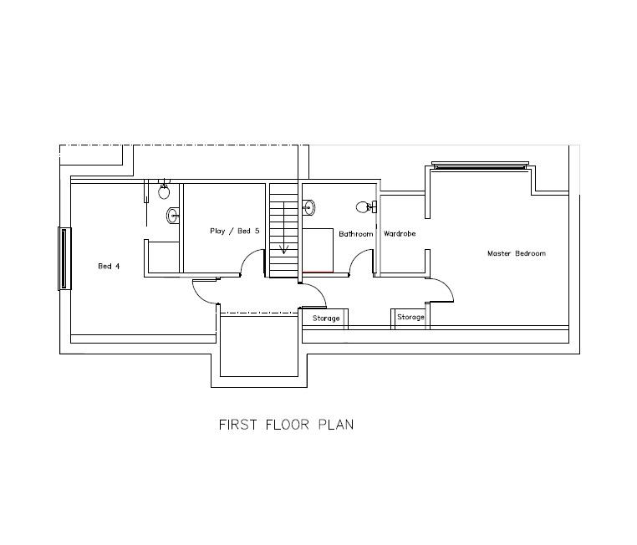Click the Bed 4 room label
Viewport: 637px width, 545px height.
109,267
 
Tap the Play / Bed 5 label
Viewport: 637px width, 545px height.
234,231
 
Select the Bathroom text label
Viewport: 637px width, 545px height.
355,234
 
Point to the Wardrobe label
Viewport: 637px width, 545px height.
400,234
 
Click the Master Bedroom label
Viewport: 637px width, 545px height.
516,253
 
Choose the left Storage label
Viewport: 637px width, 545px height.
326,318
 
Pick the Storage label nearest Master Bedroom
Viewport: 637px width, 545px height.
410,318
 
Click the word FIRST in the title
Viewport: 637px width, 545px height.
237,425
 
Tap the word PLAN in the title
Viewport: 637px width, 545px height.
335,425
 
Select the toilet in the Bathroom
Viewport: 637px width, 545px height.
364,206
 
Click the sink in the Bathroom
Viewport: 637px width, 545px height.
309,206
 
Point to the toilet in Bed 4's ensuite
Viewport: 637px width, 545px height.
165,190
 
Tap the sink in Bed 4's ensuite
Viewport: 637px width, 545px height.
173,215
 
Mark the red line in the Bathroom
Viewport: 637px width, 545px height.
318,272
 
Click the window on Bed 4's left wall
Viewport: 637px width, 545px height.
62,258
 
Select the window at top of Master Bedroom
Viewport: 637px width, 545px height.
480,166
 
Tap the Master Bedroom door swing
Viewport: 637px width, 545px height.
443,289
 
